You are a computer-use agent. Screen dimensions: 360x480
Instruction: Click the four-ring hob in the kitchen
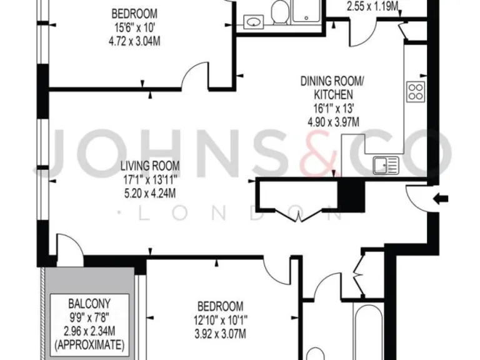[416, 92]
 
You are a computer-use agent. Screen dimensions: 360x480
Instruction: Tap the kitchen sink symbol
[386, 165]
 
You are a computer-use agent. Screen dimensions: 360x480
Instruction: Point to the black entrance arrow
[441, 199]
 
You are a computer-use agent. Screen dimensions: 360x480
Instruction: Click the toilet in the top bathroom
[280, 12]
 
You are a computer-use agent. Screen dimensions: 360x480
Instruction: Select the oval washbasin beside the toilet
[253, 22]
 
